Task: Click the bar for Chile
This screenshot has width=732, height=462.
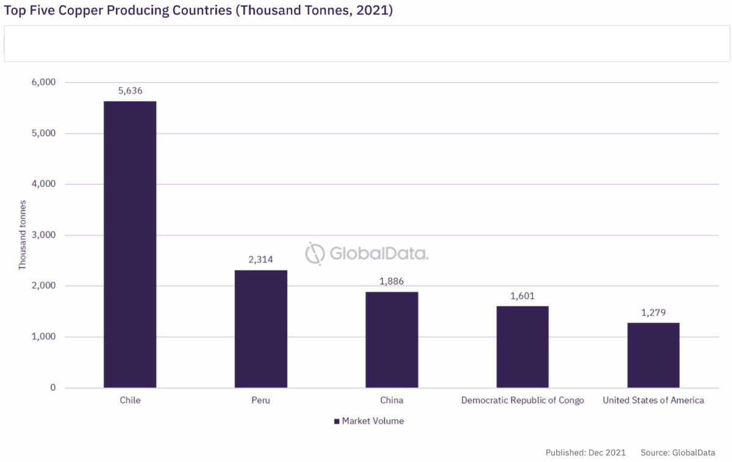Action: [x=130, y=244]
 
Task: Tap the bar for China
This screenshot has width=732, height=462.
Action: [x=392, y=339]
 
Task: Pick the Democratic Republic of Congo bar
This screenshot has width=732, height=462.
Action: [x=522, y=347]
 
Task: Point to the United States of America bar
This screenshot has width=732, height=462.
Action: [x=653, y=355]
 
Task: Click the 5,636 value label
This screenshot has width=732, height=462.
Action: [x=130, y=91]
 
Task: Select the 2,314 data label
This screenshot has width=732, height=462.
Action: [x=260, y=260]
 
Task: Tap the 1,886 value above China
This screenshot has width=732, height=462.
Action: [x=392, y=281]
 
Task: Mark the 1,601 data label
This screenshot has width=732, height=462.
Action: [x=522, y=296]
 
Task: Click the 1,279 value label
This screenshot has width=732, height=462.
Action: [x=653, y=312]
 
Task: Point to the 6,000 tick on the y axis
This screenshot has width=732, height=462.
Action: [x=43, y=82]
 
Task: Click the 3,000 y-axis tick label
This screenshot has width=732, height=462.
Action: [x=43, y=235]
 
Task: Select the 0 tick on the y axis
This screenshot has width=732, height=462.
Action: [x=53, y=388]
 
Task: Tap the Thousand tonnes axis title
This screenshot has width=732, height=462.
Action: [x=23, y=235]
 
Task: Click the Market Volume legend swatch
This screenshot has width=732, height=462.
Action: [x=336, y=421]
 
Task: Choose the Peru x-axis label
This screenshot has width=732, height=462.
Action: [x=260, y=400]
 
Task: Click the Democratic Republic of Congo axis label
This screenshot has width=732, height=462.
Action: [x=522, y=400]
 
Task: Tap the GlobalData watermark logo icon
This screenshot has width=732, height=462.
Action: [x=315, y=253]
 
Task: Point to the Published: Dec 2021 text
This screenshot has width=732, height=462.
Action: [x=586, y=452]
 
